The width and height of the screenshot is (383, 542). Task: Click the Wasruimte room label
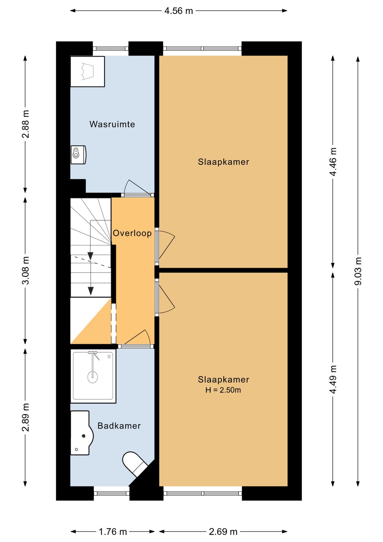[x=112, y=124]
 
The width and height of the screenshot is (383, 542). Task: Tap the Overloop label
[x=132, y=233]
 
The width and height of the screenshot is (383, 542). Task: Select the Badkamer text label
[x=119, y=426]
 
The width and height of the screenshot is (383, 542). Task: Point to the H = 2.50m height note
[x=223, y=390]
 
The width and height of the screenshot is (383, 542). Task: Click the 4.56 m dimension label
[x=179, y=11]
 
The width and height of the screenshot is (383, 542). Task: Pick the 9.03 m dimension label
[x=358, y=271]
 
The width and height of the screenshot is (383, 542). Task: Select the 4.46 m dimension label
[x=333, y=162]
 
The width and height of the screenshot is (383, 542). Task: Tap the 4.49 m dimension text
[x=333, y=379]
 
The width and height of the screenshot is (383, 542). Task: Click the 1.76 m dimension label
[x=113, y=532]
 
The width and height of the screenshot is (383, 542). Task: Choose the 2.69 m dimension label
[x=223, y=532]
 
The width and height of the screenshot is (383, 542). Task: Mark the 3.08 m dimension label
[x=25, y=270]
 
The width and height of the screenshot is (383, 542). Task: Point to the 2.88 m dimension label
[x=25, y=124]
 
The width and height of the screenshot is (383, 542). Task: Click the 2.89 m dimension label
[x=25, y=418]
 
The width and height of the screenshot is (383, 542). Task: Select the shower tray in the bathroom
[x=93, y=376]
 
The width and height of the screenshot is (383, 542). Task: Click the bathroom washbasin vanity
[x=82, y=433]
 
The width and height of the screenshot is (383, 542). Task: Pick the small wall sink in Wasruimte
[x=78, y=155]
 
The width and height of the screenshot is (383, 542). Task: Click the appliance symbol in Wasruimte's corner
[x=87, y=71]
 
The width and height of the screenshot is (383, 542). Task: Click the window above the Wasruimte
[x=111, y=49]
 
